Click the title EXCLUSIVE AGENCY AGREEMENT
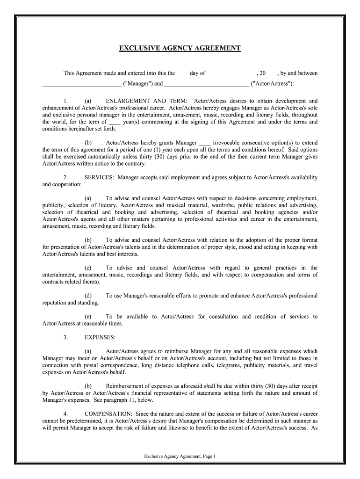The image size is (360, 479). pos(180,48)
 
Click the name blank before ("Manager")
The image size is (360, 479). pos(81,85)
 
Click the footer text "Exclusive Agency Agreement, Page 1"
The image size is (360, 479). pos(180,456)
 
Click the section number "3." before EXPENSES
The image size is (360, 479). pos(66,337)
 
